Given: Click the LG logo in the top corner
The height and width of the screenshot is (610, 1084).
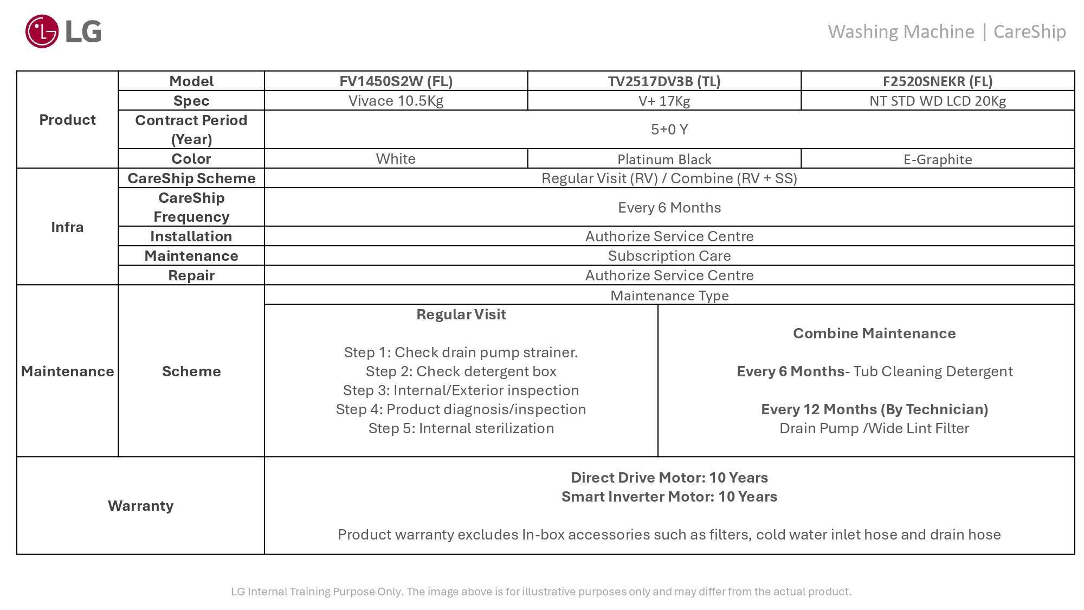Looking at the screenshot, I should coord(63,31).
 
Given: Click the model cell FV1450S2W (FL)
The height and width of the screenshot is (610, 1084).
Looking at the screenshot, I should coord(396,81).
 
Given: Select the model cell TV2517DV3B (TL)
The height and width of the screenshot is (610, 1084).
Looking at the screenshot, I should coord(664,81).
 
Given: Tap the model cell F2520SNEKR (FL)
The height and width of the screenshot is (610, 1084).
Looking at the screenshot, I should coord(938,81).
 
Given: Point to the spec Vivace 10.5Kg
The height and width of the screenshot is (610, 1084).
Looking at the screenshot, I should coord(396,101).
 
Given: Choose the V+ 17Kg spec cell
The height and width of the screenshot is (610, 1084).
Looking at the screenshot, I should coord(664,101).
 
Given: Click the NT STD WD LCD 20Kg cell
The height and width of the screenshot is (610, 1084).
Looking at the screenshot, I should coord(938,101).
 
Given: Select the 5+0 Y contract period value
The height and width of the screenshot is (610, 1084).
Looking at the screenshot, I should coord(669,130).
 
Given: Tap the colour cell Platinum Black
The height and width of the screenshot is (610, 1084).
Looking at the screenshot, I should coord(664,159).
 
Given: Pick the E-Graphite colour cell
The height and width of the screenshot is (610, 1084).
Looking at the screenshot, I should coord(938,159).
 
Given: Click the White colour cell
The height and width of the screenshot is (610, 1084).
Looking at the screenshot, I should coord(396,159).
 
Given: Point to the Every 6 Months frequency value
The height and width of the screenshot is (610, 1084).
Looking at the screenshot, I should coord(669,208).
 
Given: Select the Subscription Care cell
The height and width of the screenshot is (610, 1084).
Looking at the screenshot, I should coord(669,256).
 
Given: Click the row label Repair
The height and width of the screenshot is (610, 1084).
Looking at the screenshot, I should coord(191,275).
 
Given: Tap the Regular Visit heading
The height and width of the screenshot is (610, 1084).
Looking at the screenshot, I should coord(461,314).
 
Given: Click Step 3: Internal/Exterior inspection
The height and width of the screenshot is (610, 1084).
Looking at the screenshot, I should coord(461,390).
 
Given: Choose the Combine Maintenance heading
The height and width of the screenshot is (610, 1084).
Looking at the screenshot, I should coord(874,333).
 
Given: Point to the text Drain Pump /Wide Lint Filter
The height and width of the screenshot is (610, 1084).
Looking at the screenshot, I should coord(874,428).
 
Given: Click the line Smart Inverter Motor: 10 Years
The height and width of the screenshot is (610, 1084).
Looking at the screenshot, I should coord(669,497).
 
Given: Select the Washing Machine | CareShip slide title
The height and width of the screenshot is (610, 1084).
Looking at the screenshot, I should coord(946,32).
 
